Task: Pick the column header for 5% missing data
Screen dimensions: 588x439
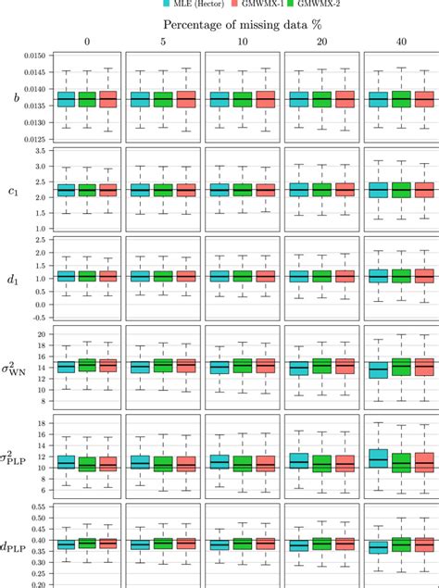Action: point(162,42)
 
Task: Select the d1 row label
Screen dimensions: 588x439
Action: point(16,275)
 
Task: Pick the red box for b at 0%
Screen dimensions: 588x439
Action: point(107,99)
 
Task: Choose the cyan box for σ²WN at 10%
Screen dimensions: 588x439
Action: point(219,367)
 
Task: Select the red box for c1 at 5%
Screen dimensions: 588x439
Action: point(187,190)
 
